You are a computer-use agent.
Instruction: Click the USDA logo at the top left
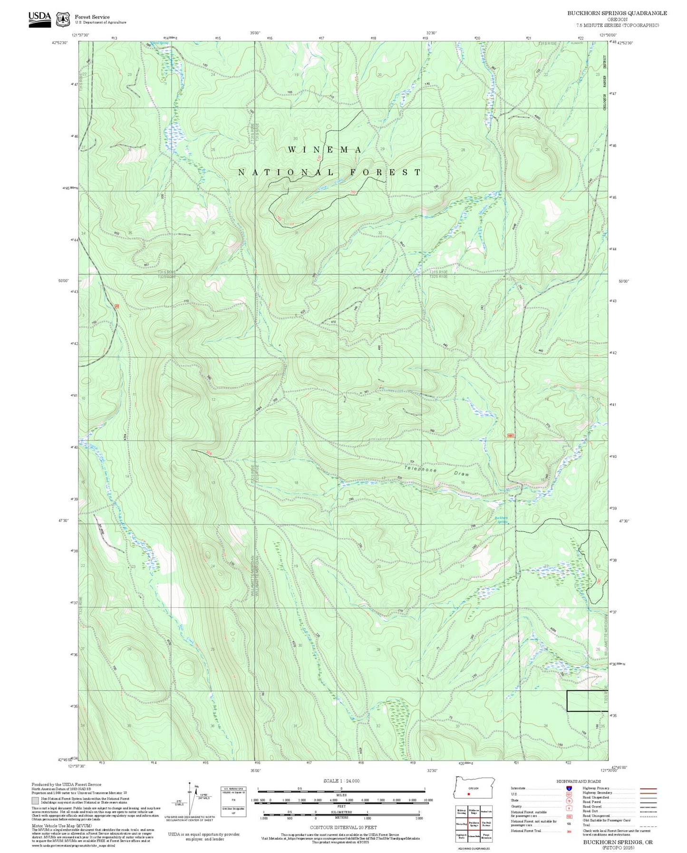point(39,17)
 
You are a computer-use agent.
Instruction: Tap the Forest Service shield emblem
point(63,19)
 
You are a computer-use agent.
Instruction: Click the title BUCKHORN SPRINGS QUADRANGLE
point(617,13)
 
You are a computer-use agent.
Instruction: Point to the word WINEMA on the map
point(325,150)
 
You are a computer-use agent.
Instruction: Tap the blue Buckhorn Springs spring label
point(501,519)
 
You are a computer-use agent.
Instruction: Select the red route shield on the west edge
point(116,306)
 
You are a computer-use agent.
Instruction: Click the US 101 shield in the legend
point(568,794)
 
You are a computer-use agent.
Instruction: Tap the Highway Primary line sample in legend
point(648,788)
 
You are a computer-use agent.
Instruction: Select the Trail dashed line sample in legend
point(648,827)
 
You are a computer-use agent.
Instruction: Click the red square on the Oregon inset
point(469,794)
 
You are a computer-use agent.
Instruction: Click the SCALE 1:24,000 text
point(341,781)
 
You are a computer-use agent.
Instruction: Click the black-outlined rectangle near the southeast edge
point(587,700)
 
